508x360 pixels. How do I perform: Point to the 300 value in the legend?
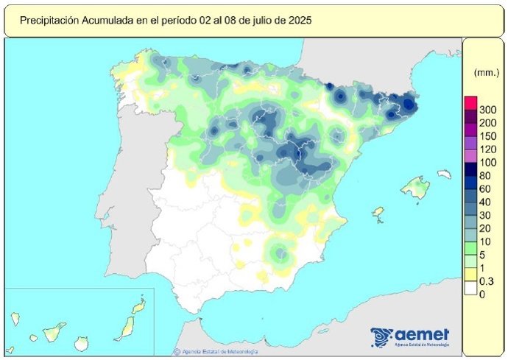[x=487, y=110]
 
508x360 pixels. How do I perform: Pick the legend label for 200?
[x=487, y=123]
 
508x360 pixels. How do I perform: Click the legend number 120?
[x=487, y=149]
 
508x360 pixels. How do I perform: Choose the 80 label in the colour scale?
[x=485, y=175]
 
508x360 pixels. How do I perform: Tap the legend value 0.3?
[x=486, y=281]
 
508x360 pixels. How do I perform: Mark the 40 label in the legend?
[x=485, y=202]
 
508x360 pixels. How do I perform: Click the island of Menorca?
[x=444, y=174]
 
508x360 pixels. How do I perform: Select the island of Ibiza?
[x=378, y=213]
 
